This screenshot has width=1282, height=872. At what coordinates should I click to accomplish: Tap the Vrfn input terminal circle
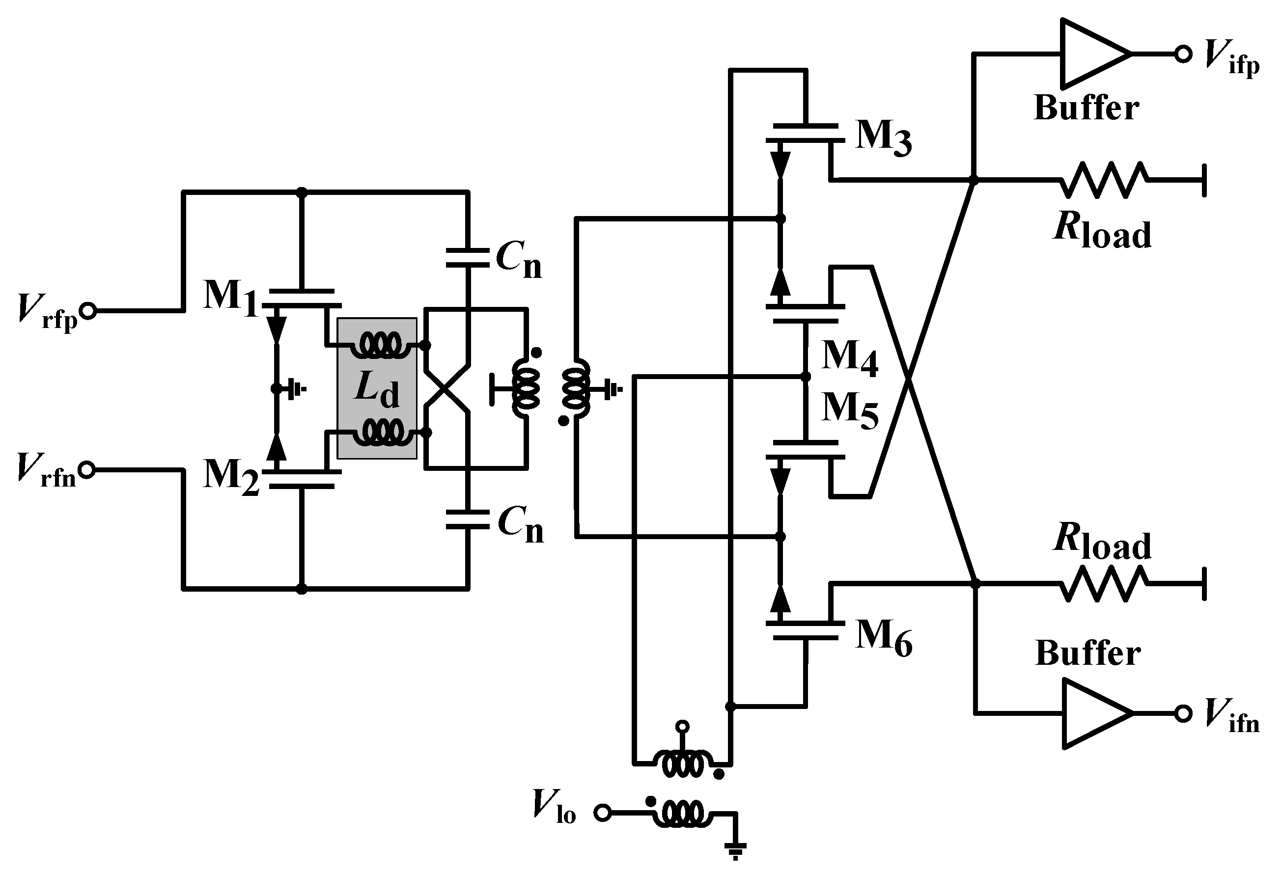87,470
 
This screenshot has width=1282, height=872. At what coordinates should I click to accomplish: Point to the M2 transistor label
230,478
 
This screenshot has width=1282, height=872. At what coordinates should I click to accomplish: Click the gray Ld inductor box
377,388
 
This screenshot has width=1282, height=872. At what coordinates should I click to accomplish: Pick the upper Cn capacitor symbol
468,258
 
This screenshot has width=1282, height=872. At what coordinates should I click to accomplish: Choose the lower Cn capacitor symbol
468,519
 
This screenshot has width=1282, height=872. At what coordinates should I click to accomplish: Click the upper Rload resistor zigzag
1103,180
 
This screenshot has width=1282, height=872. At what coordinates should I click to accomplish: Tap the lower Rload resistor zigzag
1103,583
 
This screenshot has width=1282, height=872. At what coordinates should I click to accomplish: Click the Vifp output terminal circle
1183,54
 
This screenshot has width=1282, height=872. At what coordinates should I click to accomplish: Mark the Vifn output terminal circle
1183,713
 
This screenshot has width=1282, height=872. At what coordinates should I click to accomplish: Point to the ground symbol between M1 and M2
298,389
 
